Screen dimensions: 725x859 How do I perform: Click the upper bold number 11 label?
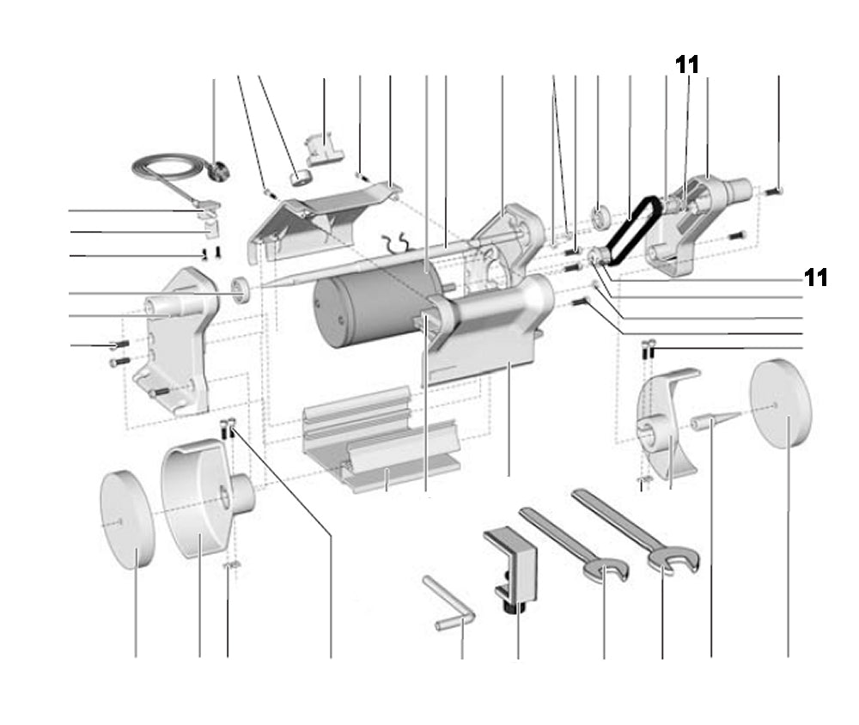click(x=686, y=64)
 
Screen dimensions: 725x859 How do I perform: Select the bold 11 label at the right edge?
click(x=815, y=277)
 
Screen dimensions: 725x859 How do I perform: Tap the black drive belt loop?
click(x=632, y=222)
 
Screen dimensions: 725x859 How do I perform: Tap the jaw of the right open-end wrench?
click(x=675, y=562)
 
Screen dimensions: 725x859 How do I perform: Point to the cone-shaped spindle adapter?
click(x=713, y=421)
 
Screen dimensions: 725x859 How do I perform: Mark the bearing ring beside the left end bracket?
click(x=243, y=289)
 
